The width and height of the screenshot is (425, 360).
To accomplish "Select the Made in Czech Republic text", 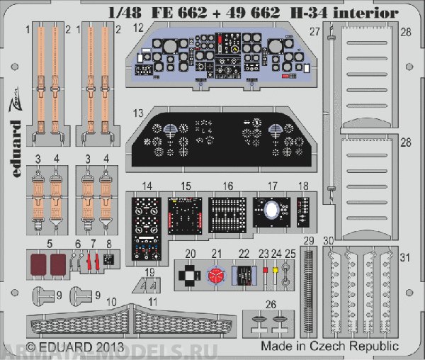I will pyautogui.click(x=329, y=347).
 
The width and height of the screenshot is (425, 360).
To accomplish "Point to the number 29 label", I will pyautogui.click(x=308, y=241).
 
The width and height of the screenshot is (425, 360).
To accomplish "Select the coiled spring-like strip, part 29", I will pyautogui.click(x=308, y=283).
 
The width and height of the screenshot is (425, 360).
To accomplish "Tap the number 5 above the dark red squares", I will pyautogui.click(x=49, y=243).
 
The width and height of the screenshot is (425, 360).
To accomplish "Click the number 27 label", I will pyautogui.click(x=314, y=30).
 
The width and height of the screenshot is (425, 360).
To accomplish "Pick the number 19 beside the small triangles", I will pyautogui.click(x=149, y=272).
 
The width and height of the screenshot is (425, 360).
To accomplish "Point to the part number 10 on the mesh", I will pyautogui.click(x=112, y=302).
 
